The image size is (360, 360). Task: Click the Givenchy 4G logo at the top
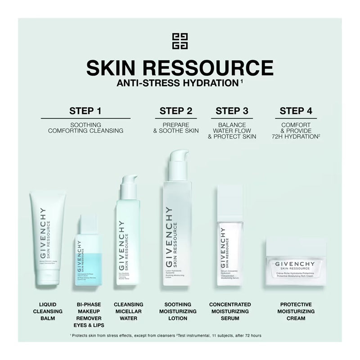pos(180,41)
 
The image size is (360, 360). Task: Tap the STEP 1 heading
pos(85,111)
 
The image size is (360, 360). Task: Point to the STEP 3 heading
pos(232,111)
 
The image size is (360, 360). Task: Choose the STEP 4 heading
pos(296,111)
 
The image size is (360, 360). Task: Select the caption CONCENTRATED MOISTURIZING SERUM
pos(230,311)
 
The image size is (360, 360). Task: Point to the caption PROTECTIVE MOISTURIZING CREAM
pos(296,311)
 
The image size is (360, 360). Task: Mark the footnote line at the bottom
pos(166,335)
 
